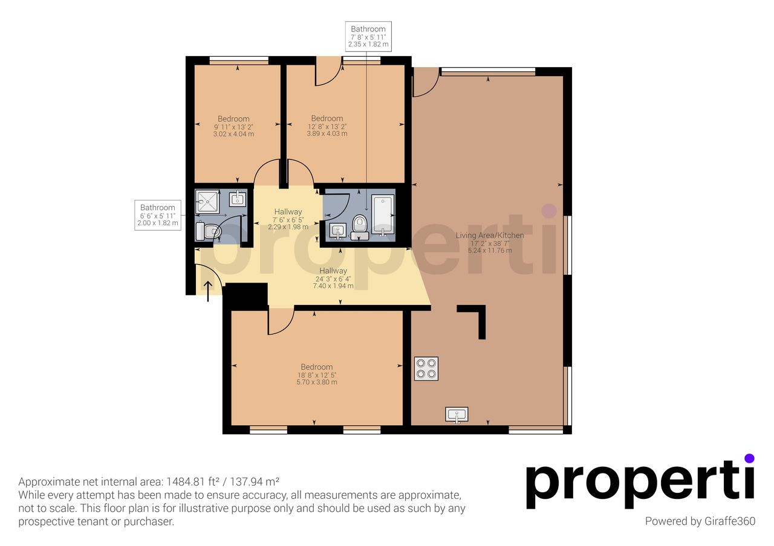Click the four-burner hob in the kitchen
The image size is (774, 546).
click(x=426, y=368)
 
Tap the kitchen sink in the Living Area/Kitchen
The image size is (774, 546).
click(x=457, y=414)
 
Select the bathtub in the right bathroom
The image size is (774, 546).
click(x=383, y=215)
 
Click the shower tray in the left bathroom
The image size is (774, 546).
click(x=207, y=201)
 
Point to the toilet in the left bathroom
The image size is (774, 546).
click(x=208, y=231)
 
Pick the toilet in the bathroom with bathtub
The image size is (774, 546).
click(x=360, y=228)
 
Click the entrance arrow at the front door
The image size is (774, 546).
click(x=207, y=291)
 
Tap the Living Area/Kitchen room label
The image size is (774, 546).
click(x=490, y=236)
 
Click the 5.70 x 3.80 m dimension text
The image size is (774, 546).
click(x=316, y=382)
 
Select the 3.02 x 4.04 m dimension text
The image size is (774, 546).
click(x=233, y=134)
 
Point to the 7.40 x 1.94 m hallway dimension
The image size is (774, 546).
click(x=333, y=286)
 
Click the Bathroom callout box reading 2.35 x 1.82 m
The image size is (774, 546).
click(x=368, y=36)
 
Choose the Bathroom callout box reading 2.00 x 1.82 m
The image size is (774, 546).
click(x=158, y=215)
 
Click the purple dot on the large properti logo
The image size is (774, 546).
click(x=749, y=458)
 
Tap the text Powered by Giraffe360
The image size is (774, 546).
click(x=700, y=521)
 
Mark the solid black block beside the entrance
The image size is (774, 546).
click(x=246, y=296)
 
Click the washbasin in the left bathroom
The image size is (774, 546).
click(x=238, y=199)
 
